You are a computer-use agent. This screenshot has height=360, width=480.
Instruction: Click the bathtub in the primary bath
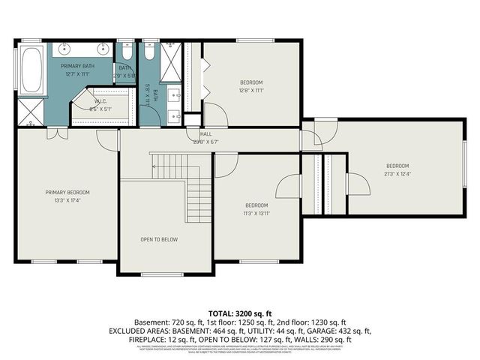[31, 72]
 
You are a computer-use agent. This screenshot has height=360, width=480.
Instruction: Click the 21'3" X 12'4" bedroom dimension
[397, 174]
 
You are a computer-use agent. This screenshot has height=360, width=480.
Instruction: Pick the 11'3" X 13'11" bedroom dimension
[256, 213]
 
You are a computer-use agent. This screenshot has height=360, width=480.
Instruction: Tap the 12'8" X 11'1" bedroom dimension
[251, 90]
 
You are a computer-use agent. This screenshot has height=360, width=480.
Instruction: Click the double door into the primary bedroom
[54, 133]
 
